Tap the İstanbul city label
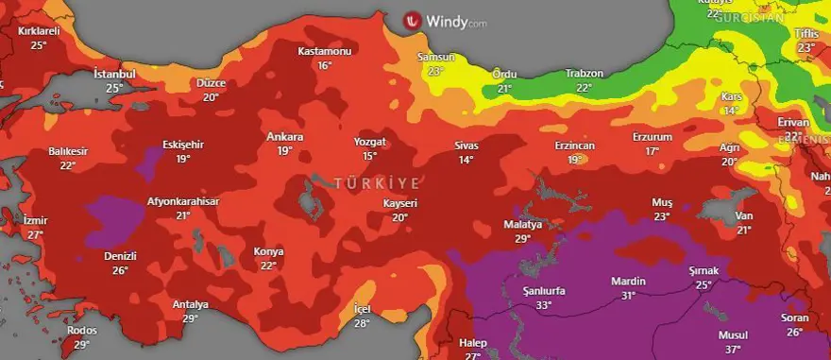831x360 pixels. (x=114, y=74)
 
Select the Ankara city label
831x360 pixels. (x=284, y=136)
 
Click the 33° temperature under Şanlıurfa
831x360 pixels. (x=543, y=305)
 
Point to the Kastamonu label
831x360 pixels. (x=324, y=51)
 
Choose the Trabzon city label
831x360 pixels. (x=584, y=74)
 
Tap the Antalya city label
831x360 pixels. (x=191, y=304)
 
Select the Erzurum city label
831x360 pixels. (x=653, y=137)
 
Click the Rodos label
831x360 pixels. (x=83, y=330)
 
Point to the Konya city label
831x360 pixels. (x=268, y=251)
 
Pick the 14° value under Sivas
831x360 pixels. (x=466, y=160)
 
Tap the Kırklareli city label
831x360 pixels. (x=39, y=31)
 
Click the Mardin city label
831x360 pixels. (x=628, y=282)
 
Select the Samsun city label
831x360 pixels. (x=435, y=58)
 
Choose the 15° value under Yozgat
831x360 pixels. (x=370, y=156)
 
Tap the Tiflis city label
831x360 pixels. (x=806, y=33)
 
